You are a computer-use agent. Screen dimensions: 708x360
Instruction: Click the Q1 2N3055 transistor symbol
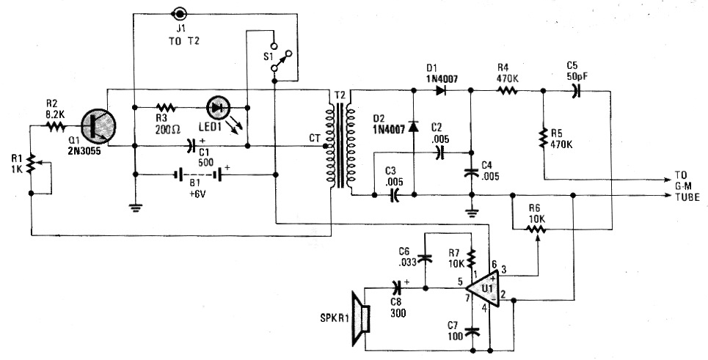98,126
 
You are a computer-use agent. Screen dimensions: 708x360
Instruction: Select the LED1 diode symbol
219,108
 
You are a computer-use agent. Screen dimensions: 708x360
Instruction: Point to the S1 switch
280,57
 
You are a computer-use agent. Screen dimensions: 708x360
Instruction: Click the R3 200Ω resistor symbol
166,108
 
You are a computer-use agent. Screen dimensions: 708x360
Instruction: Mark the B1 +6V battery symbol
199,175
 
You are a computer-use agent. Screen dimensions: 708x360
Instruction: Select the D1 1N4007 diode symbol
439,90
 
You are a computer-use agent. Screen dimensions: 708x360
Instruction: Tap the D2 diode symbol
414,126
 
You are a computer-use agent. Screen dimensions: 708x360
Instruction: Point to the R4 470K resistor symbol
507,91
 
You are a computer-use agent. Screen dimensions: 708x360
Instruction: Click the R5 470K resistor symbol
544,139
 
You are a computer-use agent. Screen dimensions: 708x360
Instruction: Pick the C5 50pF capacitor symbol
575,91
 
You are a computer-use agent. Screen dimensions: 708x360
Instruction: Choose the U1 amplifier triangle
483,288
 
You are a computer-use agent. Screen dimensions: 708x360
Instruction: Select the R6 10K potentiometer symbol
537,230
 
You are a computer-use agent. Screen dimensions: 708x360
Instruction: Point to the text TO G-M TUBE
687,185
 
